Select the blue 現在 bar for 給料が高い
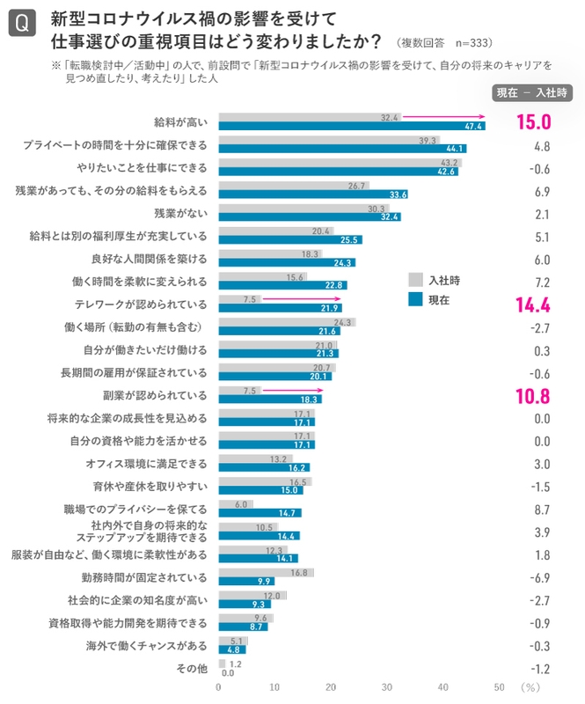[351, 127]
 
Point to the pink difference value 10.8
[534, 395]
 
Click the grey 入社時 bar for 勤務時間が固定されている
[266, 573]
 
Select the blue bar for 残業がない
[309, 216]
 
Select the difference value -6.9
[542, 577]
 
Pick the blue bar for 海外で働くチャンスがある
[231, 650]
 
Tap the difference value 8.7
[542, 510]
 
